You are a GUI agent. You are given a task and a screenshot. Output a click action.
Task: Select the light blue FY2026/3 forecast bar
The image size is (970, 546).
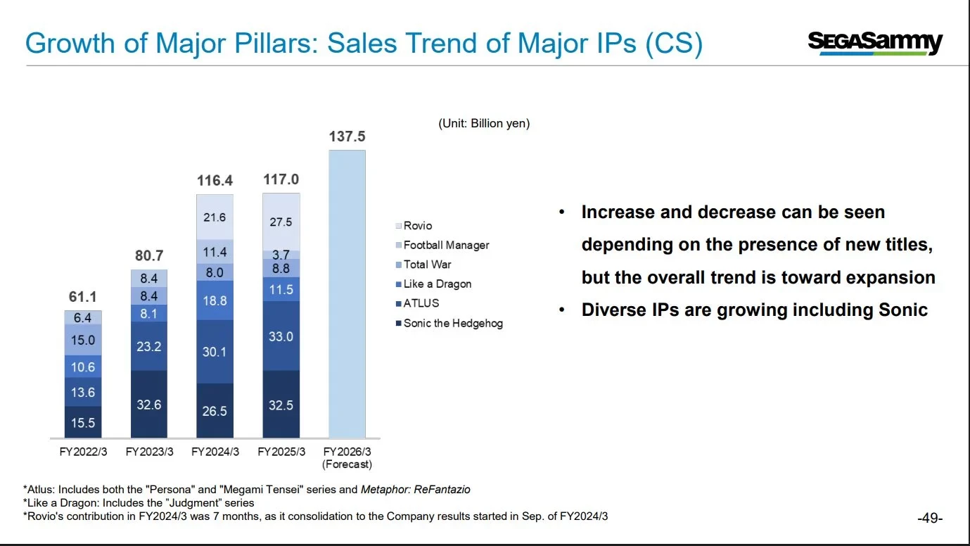pyautogui.click(x=347, y=296)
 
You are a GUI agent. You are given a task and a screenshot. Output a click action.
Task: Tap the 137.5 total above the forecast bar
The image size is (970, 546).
pyautogui.click(x=347, y=136)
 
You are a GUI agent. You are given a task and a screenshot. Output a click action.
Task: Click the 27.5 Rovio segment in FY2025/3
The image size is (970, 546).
pyautogui.click(x=281, y=221)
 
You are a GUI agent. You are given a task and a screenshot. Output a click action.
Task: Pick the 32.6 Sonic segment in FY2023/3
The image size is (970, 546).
pyautogui.click(x=148, y=405)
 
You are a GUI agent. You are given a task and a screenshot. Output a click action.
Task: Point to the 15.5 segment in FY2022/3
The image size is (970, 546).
pyautogui.click(x=82, y=423)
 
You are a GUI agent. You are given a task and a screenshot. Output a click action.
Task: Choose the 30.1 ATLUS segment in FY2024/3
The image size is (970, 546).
pyautogui.click(x=215, y=351)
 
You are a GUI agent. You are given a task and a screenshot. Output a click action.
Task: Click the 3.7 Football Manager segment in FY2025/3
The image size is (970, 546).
pyautogui.click(x=281, y=255)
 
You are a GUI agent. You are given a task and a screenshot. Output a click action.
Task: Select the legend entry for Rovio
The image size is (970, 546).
pyautogui.click(x=417, y=226)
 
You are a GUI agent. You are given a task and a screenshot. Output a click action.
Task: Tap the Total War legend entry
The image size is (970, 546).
pyautogui.click(x=427, y=265)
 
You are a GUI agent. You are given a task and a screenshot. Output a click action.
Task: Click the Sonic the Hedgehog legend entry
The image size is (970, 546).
pyautogui.click(x=452, y=324)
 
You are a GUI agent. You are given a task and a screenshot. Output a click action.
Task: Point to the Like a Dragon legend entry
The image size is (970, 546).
pyautogui.click(x=437, y=284)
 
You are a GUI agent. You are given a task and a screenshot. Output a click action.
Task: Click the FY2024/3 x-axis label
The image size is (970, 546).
pyautogui.click(x=215, y=452)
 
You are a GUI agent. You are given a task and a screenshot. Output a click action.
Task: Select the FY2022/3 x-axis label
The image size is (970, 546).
pyautogui.click(x=83, y=452)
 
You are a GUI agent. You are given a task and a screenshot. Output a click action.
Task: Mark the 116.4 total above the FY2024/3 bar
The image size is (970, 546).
pyautogui.click(x=215, y=181)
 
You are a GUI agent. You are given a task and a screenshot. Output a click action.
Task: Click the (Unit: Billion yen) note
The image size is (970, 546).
pyautogui.click(x=484, y=123)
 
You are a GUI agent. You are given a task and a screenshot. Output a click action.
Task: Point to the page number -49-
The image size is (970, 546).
pyautogui.click(x=930, y=519)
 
